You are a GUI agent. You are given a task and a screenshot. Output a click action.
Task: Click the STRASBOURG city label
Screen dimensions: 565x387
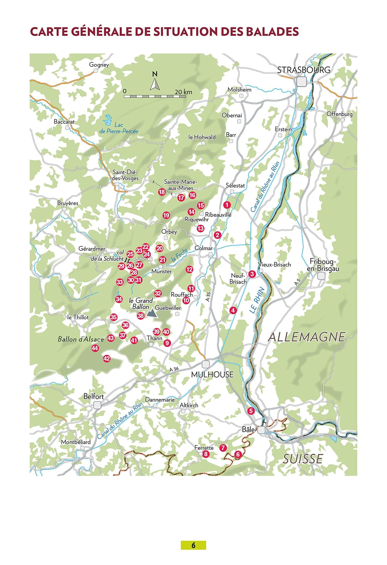point(304,70)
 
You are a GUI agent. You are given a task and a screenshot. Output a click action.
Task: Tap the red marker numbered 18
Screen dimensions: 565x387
point(162,192)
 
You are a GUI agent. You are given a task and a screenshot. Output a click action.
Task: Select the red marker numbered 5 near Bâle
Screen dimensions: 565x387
point(251,411)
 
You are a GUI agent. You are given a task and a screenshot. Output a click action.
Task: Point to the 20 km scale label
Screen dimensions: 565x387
point(183,92)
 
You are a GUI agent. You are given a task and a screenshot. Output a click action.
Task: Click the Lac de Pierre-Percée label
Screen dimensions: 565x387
point(119,128)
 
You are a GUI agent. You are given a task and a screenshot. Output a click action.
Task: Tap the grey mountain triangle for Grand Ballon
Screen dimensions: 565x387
point(152,313)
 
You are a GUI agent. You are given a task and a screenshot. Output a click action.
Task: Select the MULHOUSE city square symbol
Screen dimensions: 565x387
point(206,364)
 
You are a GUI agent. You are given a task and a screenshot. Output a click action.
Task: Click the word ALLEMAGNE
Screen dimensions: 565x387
point(307,337)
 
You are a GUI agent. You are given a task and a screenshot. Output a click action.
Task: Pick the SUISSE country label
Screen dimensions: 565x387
point(303,459)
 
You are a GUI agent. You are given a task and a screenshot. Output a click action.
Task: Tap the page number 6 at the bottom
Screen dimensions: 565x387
point(193,545)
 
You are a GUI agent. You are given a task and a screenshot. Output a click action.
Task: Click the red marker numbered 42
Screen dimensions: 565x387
point(107,358)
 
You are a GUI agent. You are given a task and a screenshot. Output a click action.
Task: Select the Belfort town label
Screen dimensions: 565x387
point(94,396)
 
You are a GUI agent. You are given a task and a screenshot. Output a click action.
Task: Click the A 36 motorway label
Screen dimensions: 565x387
point(174,369)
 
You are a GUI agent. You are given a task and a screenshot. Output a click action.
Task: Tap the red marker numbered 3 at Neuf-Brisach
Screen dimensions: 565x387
point(252,274)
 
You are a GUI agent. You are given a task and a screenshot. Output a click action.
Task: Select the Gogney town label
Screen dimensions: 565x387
point(99,65)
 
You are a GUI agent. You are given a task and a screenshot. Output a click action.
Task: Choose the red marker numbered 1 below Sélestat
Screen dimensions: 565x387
point(227,205)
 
